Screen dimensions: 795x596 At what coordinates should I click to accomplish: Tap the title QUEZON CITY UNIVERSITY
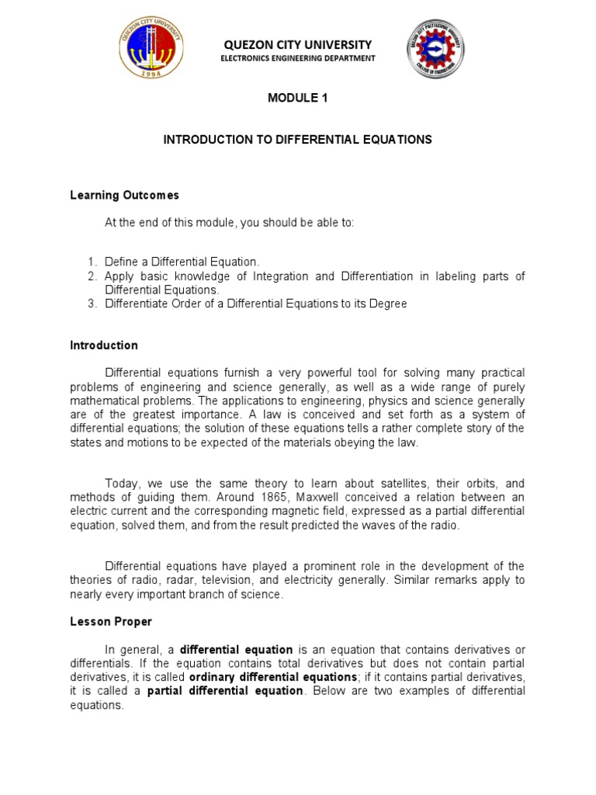click(297, 45)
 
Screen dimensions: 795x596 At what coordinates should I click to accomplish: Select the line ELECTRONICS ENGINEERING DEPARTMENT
click(298, 58)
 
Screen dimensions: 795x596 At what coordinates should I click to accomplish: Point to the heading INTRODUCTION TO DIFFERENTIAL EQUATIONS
click(297, 140)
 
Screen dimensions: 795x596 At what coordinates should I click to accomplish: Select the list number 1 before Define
click(92, 262)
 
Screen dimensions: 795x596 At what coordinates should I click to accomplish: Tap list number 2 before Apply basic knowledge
click(92, 276)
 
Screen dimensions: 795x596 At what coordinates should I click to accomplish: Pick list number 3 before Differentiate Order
click(92, 304)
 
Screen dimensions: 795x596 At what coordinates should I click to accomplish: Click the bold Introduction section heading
click(104, 345)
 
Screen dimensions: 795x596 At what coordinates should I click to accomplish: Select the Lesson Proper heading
click(111, 622)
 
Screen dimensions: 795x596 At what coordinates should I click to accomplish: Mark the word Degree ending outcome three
click(388, 304)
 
